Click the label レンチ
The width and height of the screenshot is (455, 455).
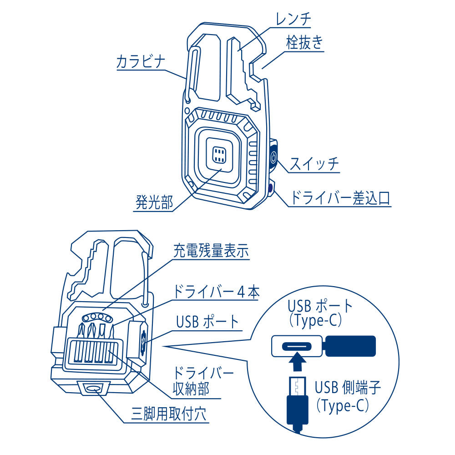click(293, 19)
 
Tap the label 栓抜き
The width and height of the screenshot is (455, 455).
click(304, 43)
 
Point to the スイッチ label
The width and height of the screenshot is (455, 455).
click(314, 163)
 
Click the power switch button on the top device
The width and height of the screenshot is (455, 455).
click(273, 158)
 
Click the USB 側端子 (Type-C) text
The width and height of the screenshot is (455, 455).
click(348, 396)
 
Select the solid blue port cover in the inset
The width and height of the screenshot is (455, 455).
click(351, 346)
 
